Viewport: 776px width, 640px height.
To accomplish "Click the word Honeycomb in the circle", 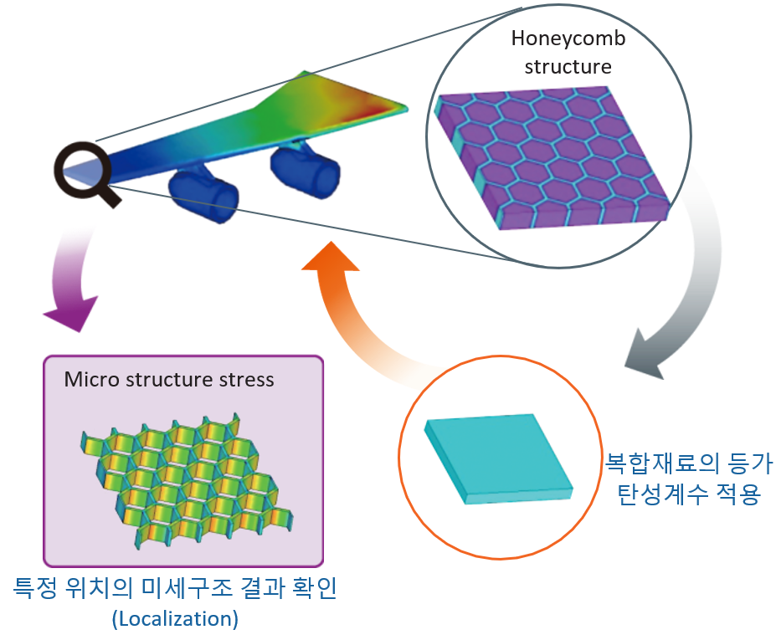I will click(568, 39).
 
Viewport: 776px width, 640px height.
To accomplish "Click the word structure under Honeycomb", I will click(568, 67).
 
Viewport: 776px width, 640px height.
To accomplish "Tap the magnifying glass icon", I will click(81, 171).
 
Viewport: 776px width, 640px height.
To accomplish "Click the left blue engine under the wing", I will click(203, 194).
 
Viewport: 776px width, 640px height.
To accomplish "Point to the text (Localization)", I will click(174, 620).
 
